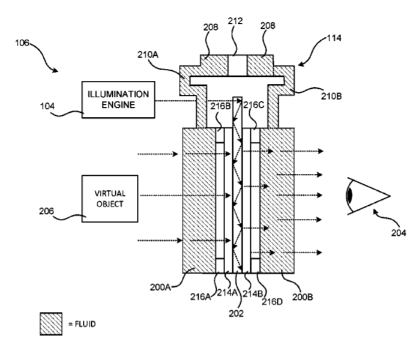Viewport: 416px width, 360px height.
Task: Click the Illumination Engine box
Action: point(118,100)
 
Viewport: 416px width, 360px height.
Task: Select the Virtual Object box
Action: point(110,199)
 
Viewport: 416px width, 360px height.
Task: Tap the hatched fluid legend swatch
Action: point(51,324)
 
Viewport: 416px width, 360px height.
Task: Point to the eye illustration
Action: point(368,196)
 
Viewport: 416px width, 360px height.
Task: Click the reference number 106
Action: point(22,43)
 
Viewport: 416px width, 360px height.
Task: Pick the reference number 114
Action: point(334,38)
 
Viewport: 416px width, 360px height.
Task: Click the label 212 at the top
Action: point(235,21)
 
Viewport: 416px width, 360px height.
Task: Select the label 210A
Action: point(148,55)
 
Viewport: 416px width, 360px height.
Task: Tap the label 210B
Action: point(331,96)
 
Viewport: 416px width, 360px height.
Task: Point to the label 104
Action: point(47,106)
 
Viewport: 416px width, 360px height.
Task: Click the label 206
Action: point(46,211)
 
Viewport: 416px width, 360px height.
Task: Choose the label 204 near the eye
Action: point(399,233)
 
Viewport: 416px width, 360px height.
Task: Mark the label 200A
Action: point(160,287)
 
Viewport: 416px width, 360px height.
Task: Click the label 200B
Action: point(303,297)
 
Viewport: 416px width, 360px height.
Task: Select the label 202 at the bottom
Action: point(236,314)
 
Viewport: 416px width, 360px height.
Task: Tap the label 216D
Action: point(272,302)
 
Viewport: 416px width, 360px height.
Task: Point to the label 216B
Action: point(220,106)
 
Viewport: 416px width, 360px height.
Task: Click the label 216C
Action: point(254,105)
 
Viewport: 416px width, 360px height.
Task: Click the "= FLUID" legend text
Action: point(82,324)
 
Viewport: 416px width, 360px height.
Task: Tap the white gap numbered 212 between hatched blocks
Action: point(238,65)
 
